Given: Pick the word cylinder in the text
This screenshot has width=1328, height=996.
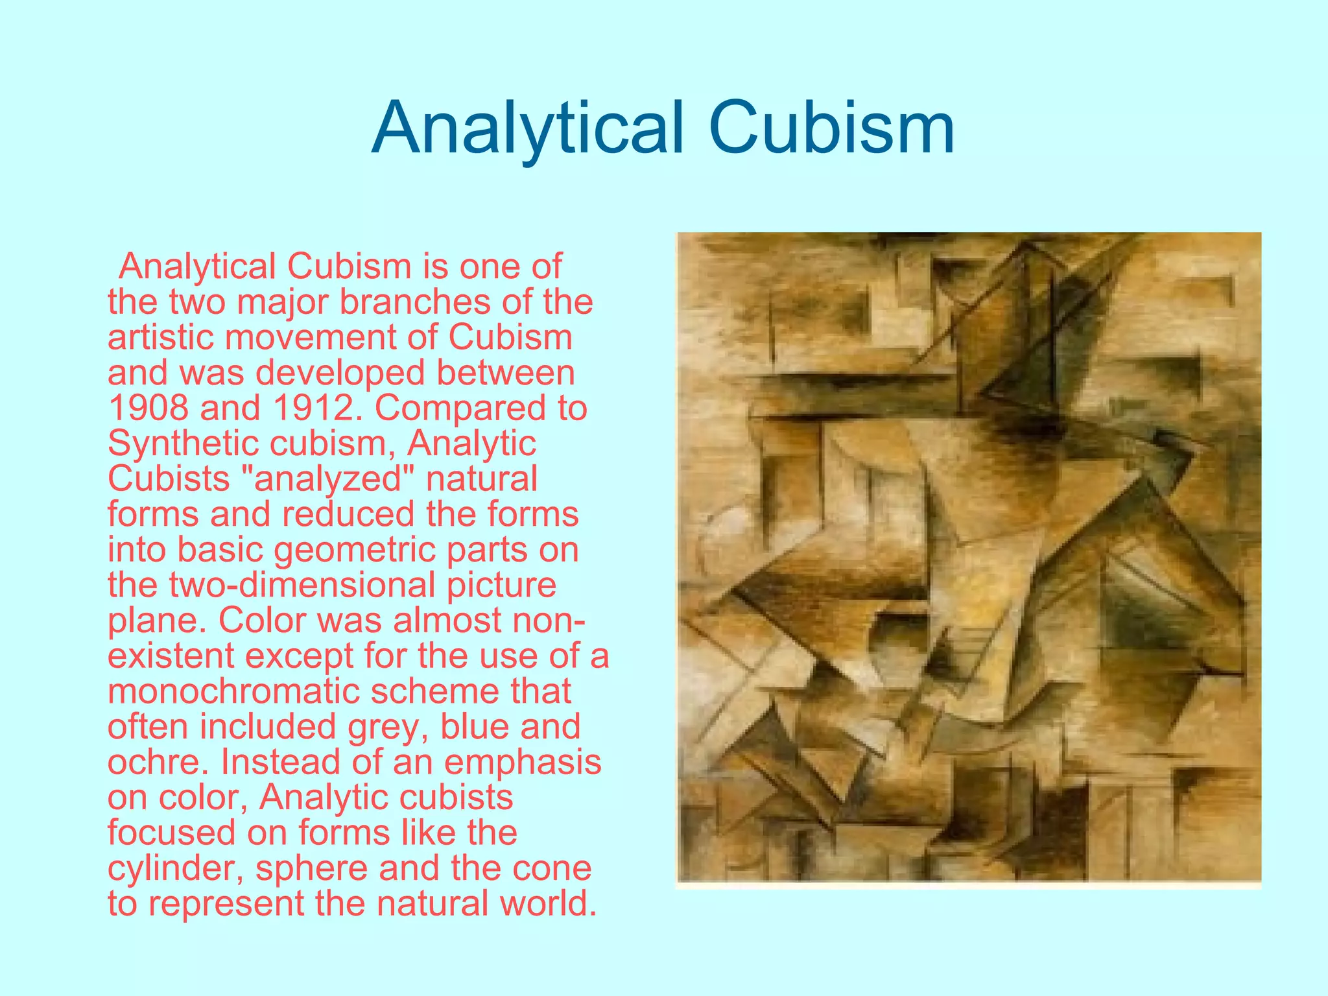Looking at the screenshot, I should click(x=175, y=868).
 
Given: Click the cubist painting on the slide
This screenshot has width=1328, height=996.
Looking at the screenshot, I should click(x=969, y=559).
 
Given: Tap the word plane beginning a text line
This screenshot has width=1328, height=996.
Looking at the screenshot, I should click(x=156, y=621).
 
